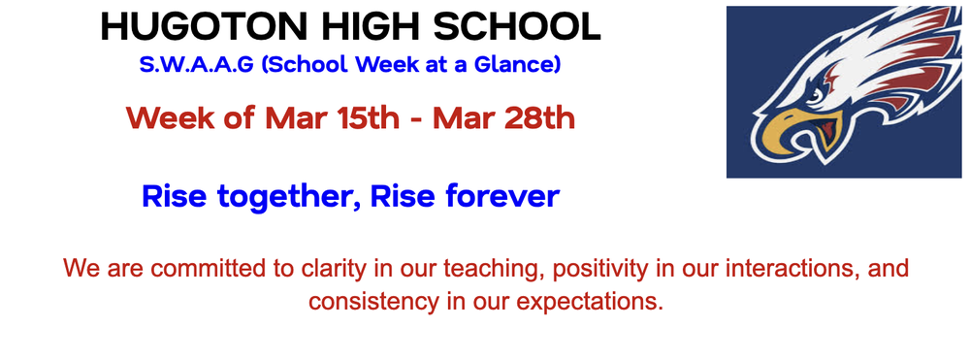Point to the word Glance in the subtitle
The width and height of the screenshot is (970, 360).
[x=520, y=66]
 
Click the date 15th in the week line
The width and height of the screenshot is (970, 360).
[x=364, y=118]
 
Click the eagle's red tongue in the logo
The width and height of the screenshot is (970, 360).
[x=825, y=131]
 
